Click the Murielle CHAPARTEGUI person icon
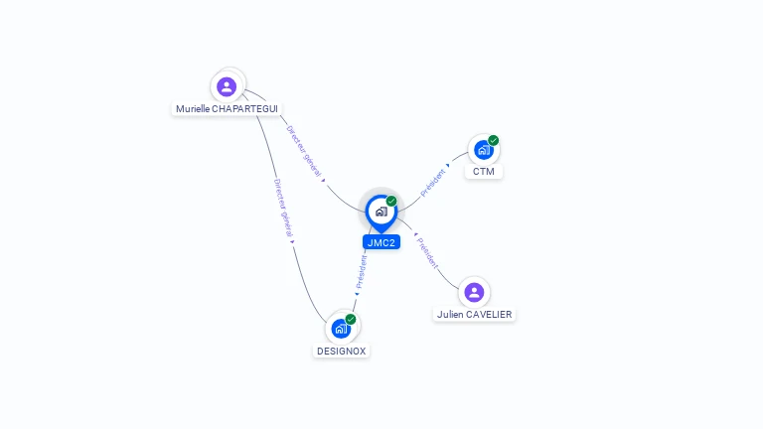227,87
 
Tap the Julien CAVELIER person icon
474,293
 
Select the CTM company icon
483,150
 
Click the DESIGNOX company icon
341,329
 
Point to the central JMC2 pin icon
381,214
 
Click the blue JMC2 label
381,242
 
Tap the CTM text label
484,171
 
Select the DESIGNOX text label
341,352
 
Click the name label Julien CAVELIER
475,314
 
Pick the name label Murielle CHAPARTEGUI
227,109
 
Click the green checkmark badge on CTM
494,141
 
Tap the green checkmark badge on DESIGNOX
351,319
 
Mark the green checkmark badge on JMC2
391,201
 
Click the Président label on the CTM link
432,183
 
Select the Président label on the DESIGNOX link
361,272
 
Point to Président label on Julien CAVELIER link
428,253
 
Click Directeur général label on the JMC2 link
304,151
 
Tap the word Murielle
193,109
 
